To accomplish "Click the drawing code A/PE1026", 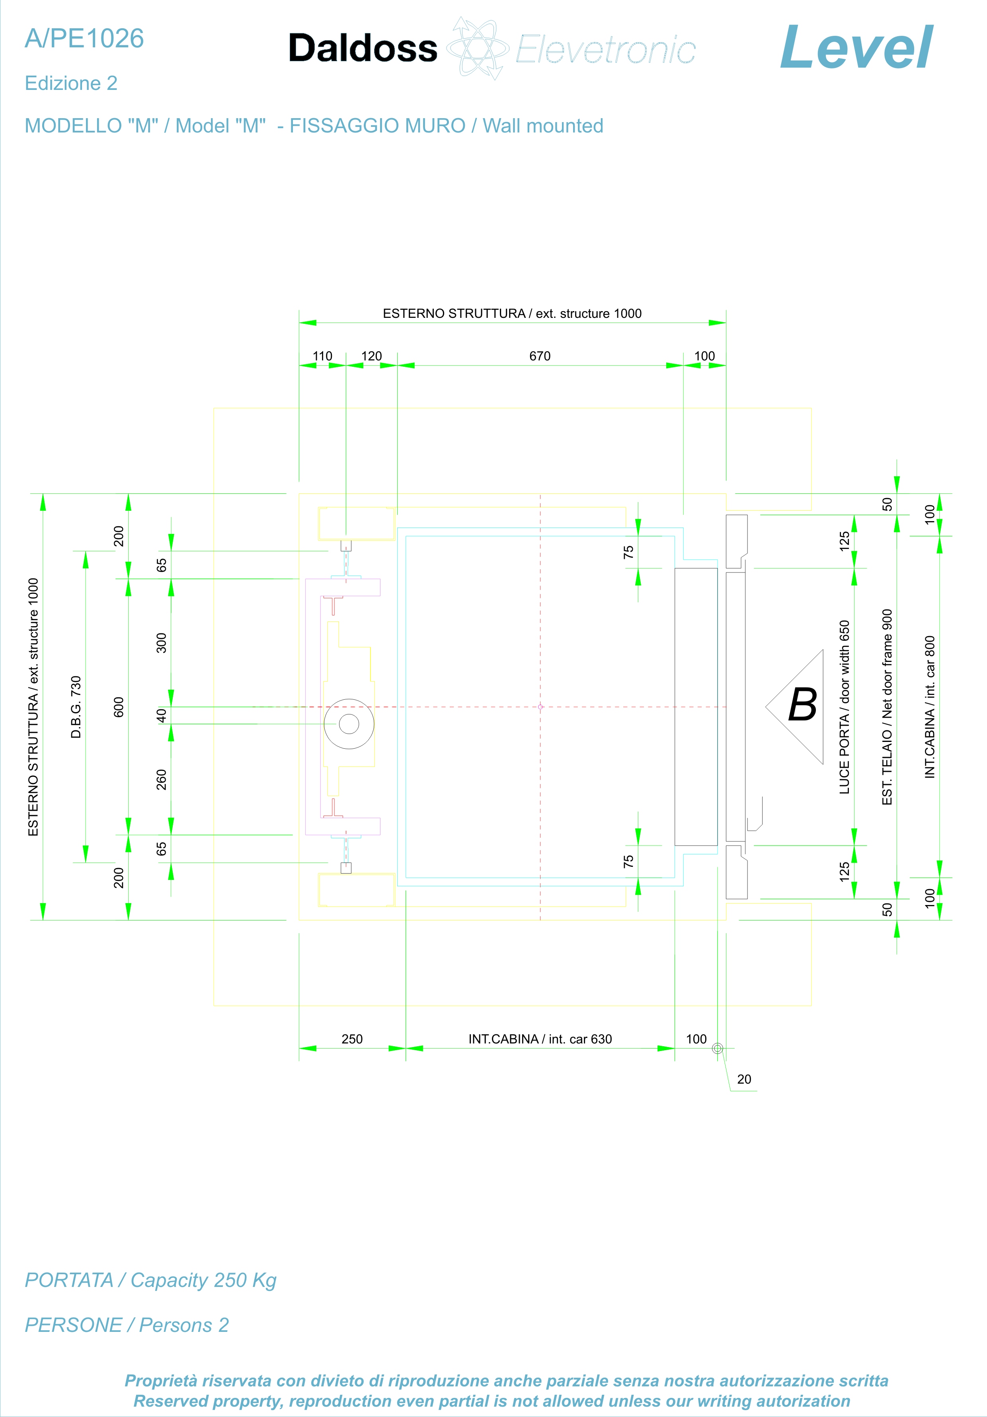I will (x=84, y=39).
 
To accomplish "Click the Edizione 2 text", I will (x=71, y=83).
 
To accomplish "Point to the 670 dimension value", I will (x=540, y=356).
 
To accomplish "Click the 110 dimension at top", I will (x=322, y=356).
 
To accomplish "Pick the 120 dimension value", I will (x=372, y=356).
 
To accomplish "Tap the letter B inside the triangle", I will (x=802, y=705).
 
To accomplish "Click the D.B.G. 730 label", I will (x=76, y=707).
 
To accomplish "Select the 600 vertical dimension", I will (x=119, y=707).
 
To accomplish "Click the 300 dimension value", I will (x=161, y=642).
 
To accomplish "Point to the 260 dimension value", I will (x=161, y=779).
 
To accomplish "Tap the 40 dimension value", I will (x=161, y=715).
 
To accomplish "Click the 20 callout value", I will (x=744, y=1079).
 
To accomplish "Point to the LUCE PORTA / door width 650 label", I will (x=844, y=707).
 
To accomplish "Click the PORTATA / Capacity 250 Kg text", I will (x=150, y=1280).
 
